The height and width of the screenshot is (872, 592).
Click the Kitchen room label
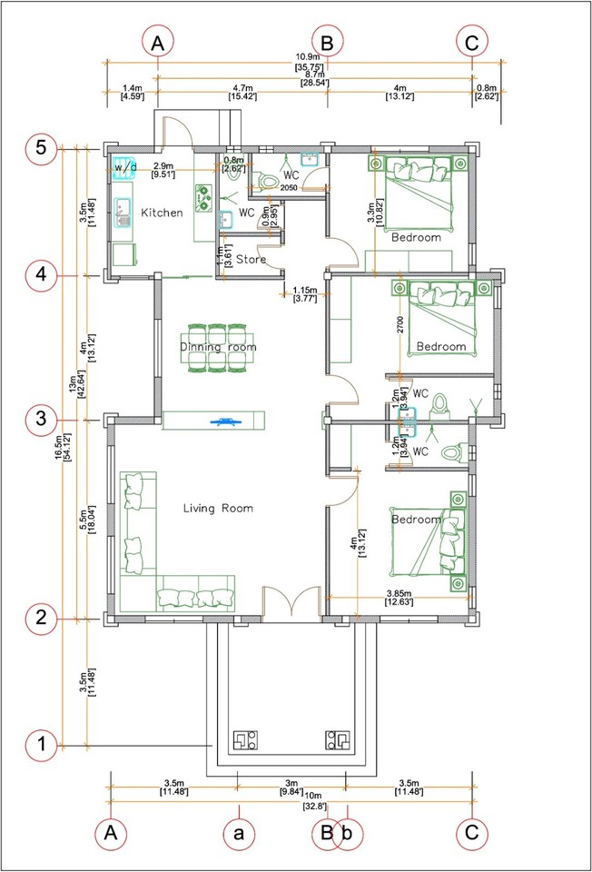click(162, 213)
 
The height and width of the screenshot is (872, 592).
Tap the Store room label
click(251, 260)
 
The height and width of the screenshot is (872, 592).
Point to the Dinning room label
click(218, 347)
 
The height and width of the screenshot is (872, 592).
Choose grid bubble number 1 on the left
click(42, 745)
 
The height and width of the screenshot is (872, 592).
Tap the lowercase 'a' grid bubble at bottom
click(239, 831)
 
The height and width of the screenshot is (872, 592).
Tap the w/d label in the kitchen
click(124, 168)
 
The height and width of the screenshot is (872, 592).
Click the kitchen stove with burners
click(202, 196)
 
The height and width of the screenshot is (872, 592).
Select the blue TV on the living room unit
click(222, 421)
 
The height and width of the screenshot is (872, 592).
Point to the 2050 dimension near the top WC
click(289, 188)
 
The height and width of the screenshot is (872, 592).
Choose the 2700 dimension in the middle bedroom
click(399, 325)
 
